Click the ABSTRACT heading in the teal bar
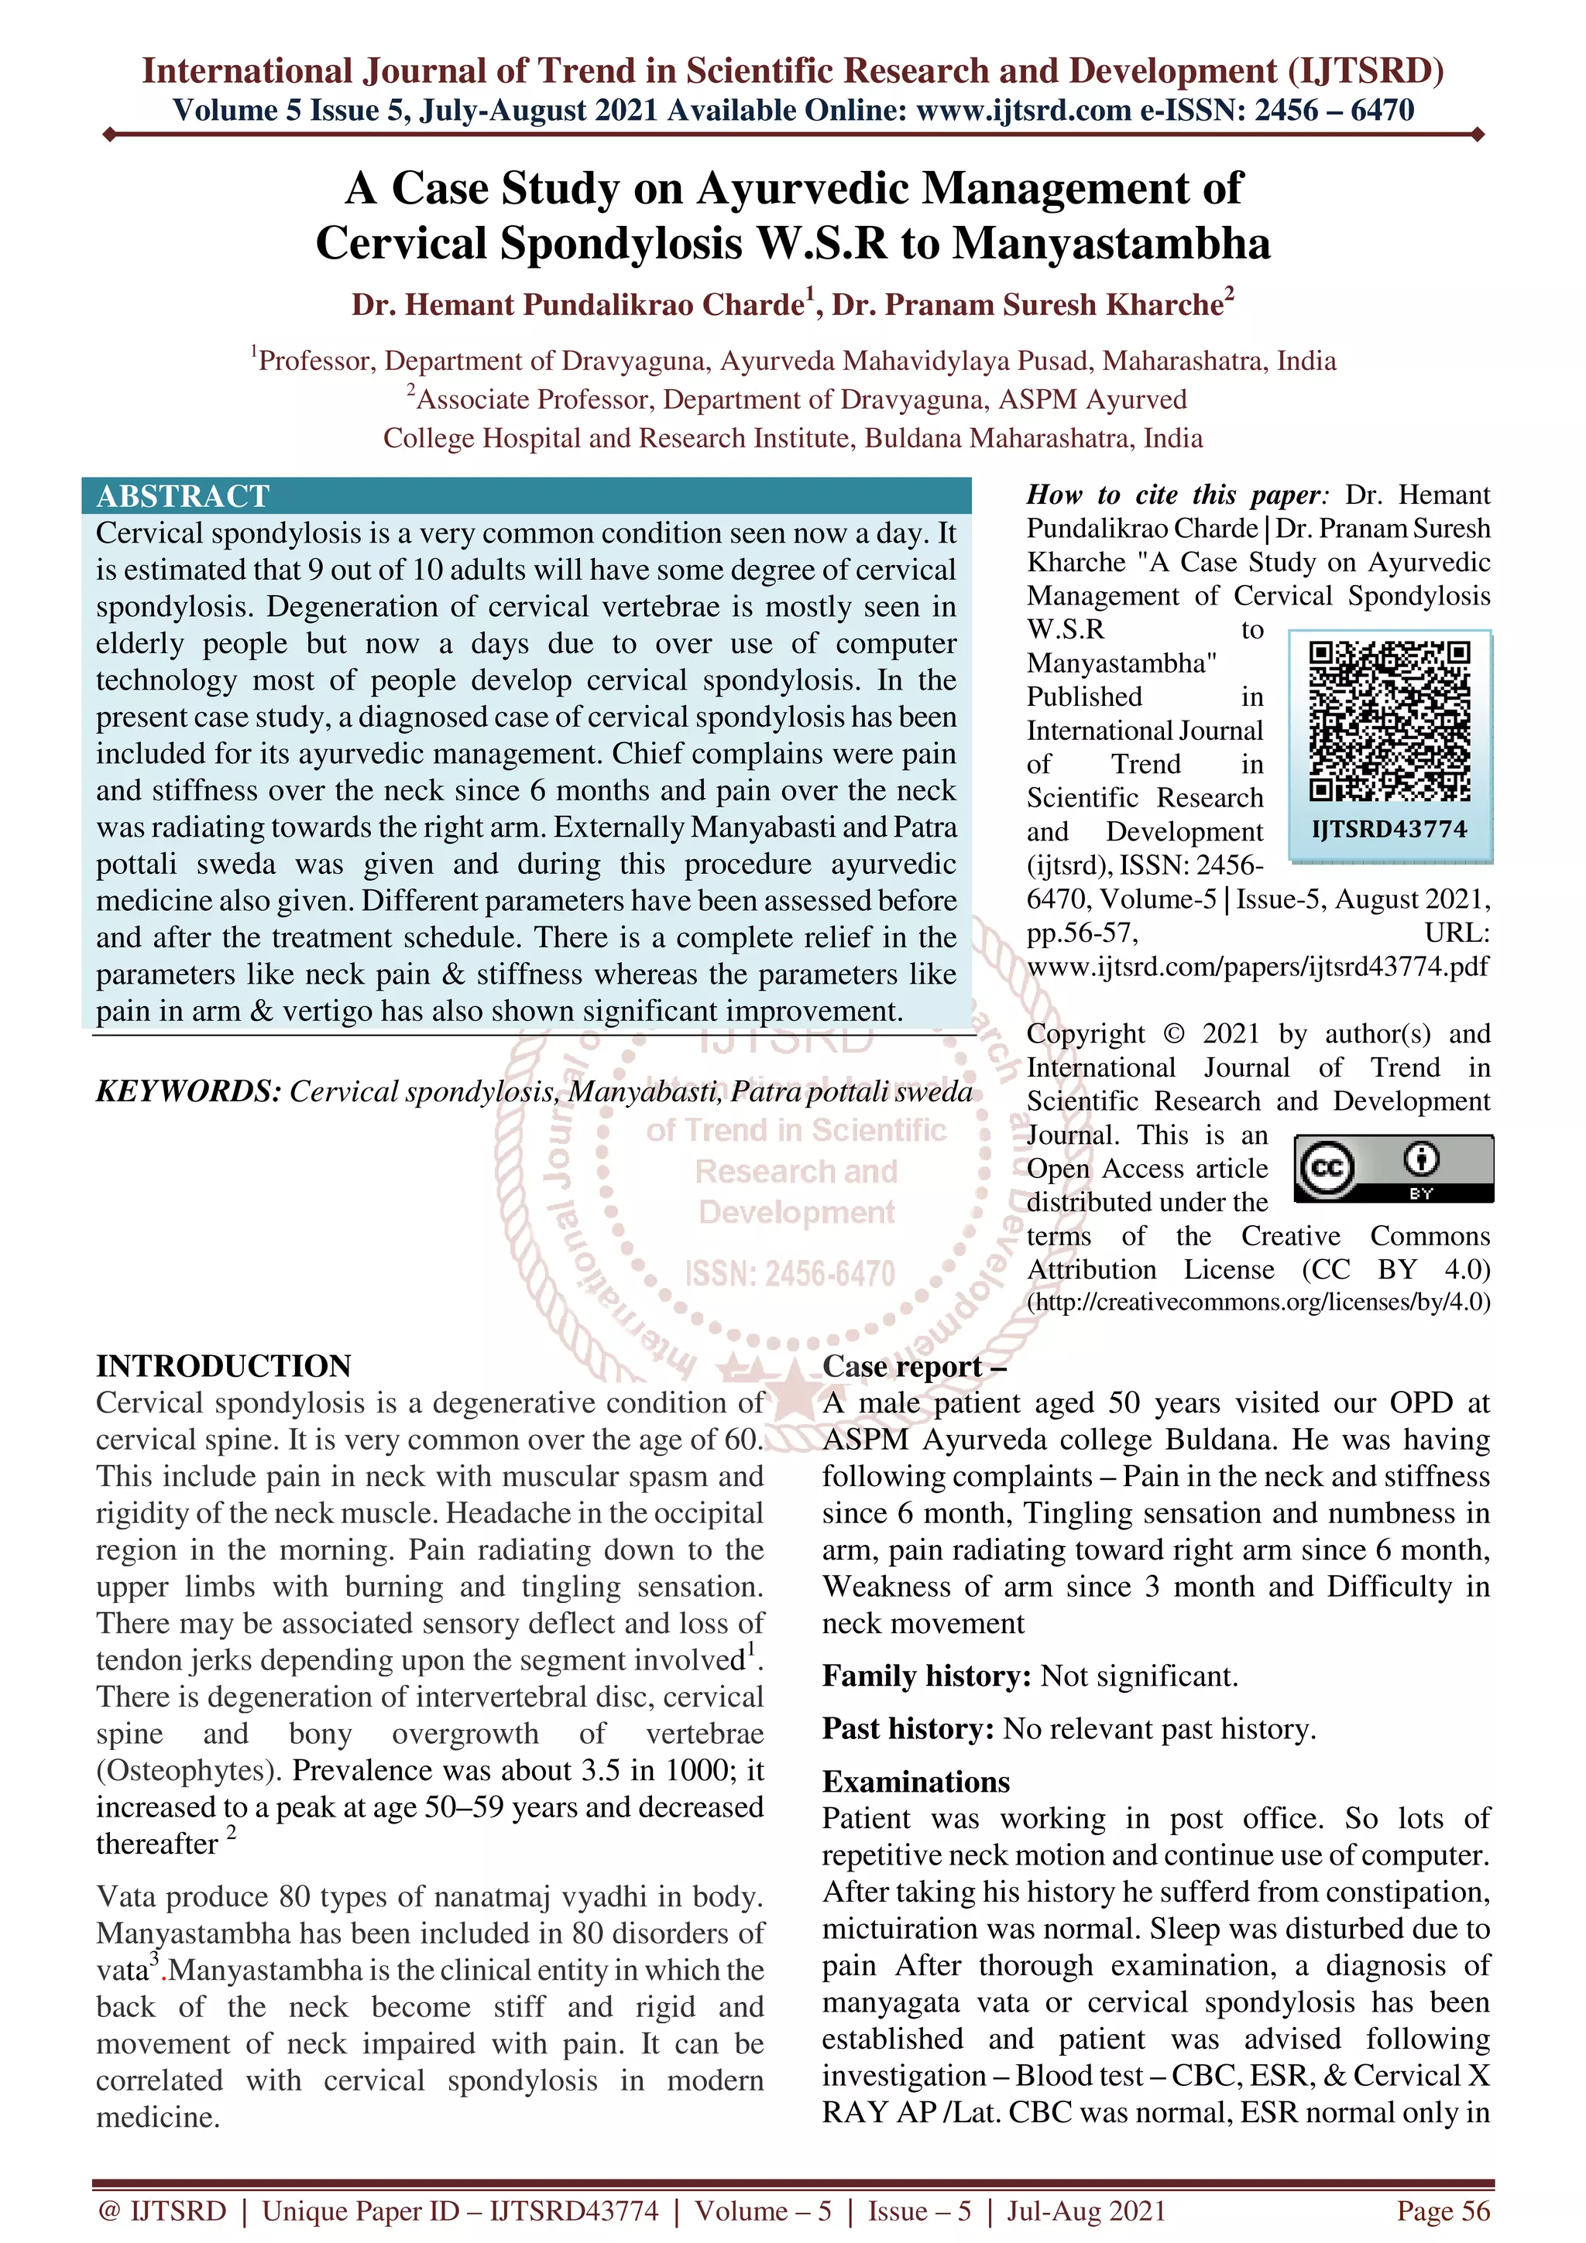[x=182, y=496]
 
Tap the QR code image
[x=1389, y=722]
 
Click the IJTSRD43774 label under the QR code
[x=1389, y=830]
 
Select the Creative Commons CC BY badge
[x=1392, y=1169]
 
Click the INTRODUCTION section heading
[x=224, y=1366]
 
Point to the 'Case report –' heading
[x=914, y=1366]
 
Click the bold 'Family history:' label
[x=925, y=1676]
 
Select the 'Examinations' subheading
[x=915, y=1782]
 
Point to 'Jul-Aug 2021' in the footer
[x=1086, y=2210]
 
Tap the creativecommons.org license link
[x=1258, y=1303]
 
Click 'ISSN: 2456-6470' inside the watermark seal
[x=790, y=1274]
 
